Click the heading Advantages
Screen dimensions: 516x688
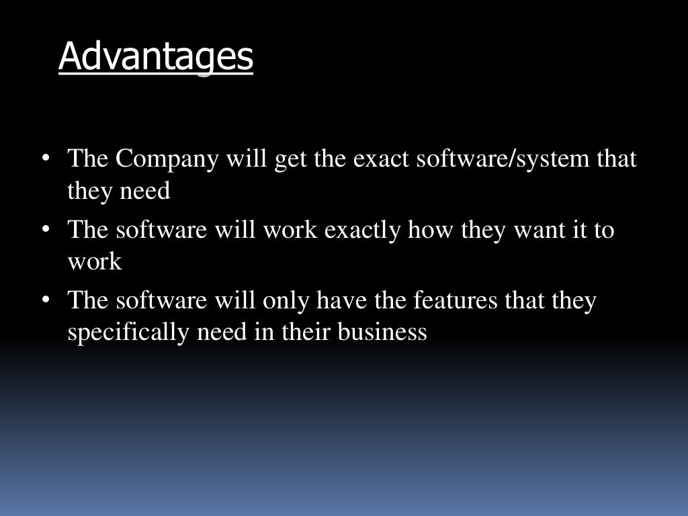click(156, 56)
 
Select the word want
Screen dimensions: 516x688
click(535, 230)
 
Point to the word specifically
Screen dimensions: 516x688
click(128, 333)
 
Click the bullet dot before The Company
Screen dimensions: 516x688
click(46, 160)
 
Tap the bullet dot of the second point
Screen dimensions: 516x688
click(46, 230)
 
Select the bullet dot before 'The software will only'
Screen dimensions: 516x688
click(46, 300)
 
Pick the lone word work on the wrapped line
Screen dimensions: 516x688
click(95, 262)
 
